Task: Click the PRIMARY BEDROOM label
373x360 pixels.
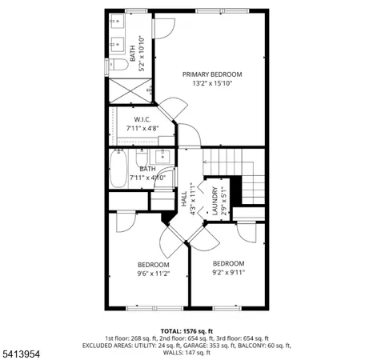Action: point(211,74)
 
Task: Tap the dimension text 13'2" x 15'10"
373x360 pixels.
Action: point(211,83)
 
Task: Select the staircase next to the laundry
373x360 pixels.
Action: point(240,172)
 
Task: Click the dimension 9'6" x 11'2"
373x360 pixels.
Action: point(153,273)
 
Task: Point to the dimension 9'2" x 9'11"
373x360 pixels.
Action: point(228,272)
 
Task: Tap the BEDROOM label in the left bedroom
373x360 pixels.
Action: point(153,264)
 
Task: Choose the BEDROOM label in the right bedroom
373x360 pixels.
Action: point(228,263)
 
